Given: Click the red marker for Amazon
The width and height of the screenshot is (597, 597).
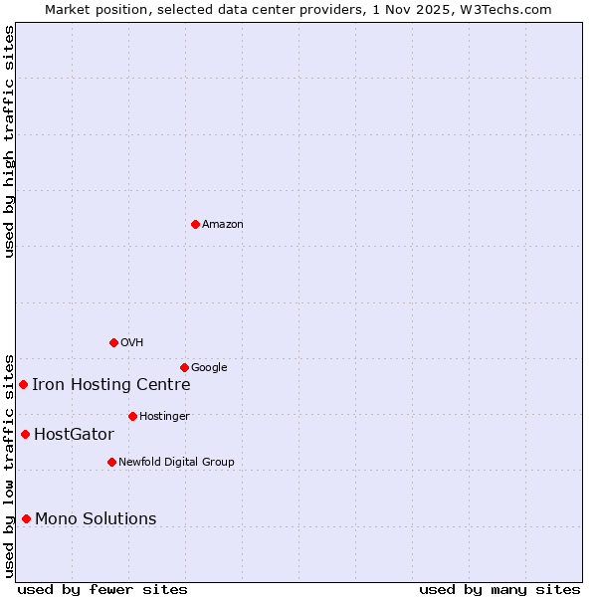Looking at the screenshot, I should coord(195,224).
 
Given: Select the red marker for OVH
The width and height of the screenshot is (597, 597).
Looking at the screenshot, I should coord(113,342).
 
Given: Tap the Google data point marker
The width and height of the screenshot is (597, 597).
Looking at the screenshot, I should coord(184,367).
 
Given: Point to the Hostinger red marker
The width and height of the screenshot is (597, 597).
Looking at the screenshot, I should coord(132,416).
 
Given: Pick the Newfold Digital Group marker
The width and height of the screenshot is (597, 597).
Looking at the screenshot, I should coord(111,462).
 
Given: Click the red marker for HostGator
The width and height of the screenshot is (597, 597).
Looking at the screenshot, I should coord(26,434).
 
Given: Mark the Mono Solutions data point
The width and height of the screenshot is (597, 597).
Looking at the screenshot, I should coord(27,518).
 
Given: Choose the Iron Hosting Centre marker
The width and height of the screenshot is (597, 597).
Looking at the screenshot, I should coord(23,384).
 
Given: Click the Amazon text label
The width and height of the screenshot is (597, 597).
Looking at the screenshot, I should coord(223,225).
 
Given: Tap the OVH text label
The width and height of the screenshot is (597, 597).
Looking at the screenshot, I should coord(132,343).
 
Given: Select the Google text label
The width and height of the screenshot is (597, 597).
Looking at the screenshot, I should coord(209,368).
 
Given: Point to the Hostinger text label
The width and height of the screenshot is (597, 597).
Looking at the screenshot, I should coord(164,417).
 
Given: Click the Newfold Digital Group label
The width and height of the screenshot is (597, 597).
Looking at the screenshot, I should coord(176,463).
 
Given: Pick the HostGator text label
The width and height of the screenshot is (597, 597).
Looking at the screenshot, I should coord(74,435).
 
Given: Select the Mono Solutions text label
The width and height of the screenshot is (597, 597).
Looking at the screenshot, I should coord(96,519).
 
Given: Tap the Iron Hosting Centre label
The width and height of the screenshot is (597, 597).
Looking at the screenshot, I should coord(110,385).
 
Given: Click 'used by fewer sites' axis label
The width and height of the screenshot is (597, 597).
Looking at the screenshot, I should coord(102,590).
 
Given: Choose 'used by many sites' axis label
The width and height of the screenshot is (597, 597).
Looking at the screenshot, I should coord(499,590).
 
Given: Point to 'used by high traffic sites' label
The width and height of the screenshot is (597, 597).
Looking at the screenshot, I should coord(9,141).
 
